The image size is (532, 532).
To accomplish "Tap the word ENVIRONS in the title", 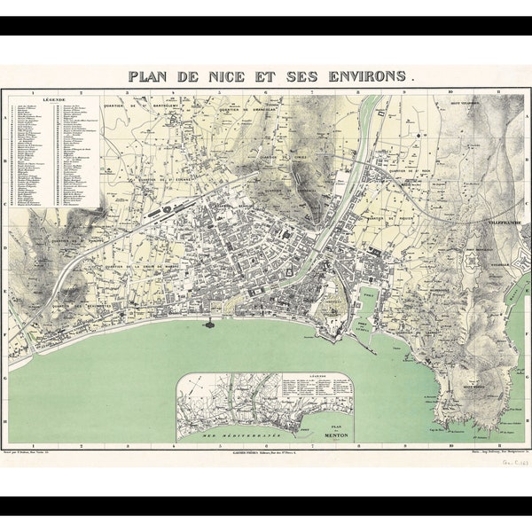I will tap(364, 76).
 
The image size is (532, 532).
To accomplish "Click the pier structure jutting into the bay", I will tap(211, 324).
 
